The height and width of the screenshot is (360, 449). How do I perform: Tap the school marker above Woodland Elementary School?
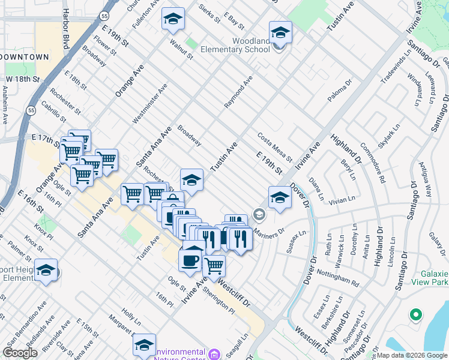[x=280, y=32]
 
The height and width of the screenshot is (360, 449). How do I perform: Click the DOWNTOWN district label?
[x=25, y=56]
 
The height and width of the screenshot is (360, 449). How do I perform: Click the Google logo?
[x=20, y=353]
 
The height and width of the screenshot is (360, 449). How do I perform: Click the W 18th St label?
[x=23, y=79]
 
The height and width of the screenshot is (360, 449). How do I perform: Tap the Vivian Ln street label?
[x=342, y=200]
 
